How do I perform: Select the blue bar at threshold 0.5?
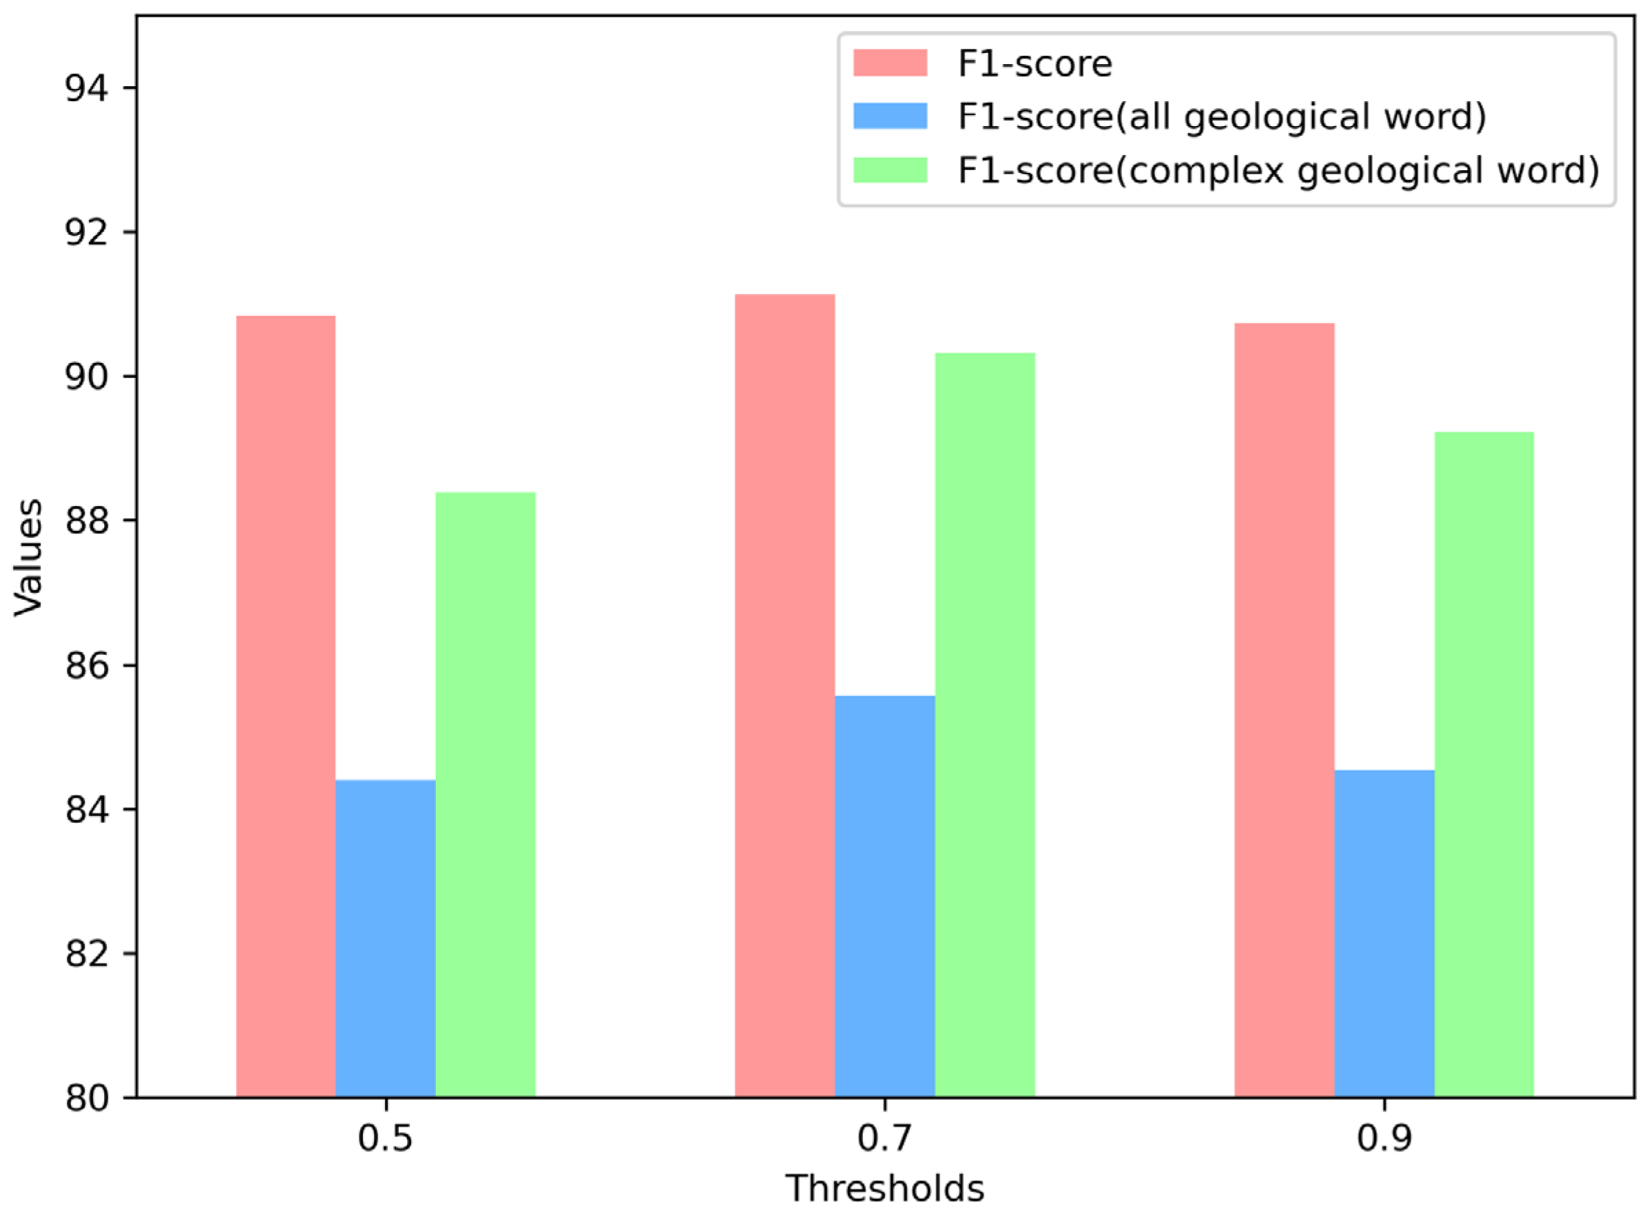pos(385,939)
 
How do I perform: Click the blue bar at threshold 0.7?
pos(884,896)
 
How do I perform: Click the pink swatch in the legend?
pos(890,63)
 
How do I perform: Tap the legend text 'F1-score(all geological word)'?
pos(1222,116)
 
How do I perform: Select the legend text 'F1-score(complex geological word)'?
pos(1278,170)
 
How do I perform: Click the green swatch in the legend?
pos(890,170)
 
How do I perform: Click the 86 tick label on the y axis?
pos(86,666)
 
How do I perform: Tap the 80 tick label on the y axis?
pos(86,1098)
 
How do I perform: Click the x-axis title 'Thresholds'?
pos(884,1189)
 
